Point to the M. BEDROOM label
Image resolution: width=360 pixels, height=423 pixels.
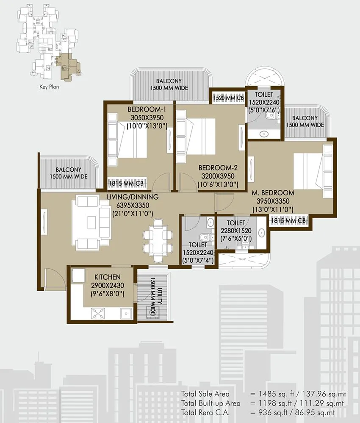[272, 193]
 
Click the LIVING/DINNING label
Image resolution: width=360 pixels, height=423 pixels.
[132, 197]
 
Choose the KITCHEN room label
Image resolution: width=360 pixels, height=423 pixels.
[107, 277]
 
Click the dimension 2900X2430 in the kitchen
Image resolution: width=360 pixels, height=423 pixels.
[108, 285]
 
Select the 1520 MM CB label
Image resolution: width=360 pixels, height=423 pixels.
[229, 97]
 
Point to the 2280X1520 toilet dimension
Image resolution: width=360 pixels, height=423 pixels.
[235, 231]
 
